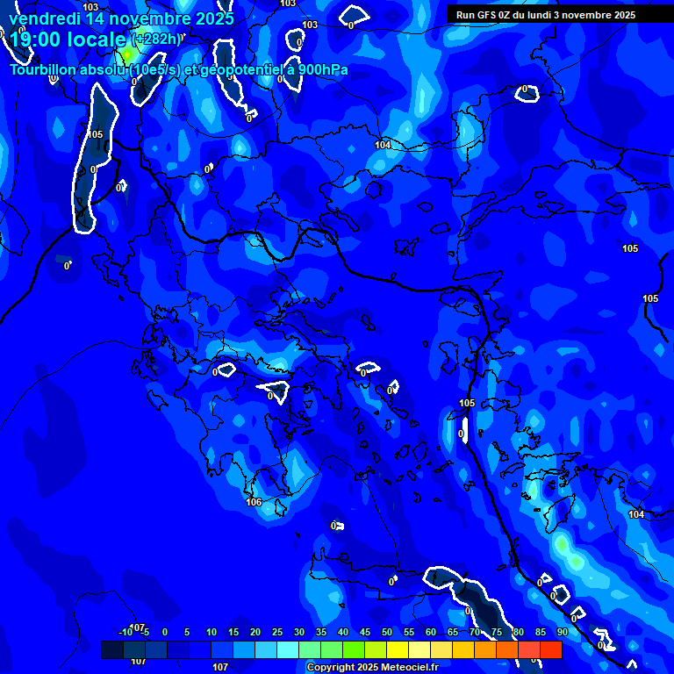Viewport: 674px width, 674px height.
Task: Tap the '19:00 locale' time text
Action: [68, 39]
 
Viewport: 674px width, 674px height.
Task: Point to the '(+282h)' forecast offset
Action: [158, 39]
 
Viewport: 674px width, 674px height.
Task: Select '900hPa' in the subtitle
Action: [318, 70]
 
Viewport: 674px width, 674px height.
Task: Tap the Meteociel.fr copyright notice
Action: [372, 668]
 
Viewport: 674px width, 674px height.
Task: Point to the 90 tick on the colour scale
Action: [562, 632]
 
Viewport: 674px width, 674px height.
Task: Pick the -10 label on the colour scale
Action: [125, 632]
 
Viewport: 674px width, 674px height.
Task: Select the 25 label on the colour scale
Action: [276, 632]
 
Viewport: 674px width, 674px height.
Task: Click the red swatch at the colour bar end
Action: [550, 649]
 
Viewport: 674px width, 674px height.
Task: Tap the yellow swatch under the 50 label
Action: [397, 649]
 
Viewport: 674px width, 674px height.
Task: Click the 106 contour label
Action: [254, 502]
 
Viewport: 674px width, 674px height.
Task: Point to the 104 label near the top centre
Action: [383, 145]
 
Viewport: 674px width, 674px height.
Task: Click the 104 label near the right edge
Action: [635, 514]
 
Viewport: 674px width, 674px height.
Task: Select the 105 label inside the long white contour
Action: [95, 134]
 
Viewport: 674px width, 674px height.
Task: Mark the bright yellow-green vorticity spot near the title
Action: [128, 54]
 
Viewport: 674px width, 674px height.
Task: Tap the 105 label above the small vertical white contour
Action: [467, 403]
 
